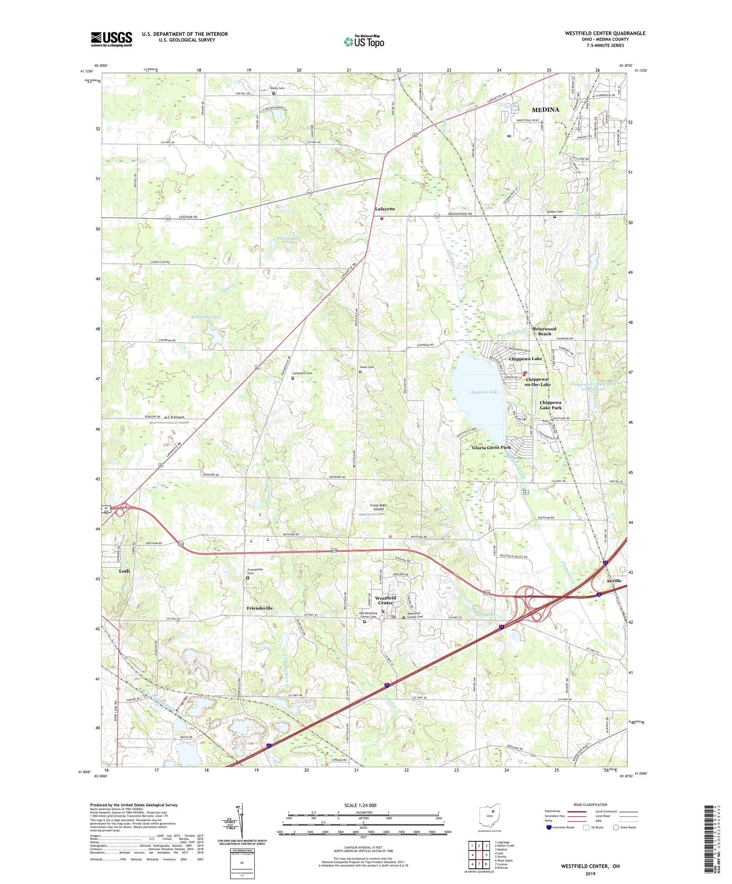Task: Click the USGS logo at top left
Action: pyautogui.click(x=111, y=39)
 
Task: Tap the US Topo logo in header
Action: pyautogui.click(x=364, y=42)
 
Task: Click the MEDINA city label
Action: pyautogui.click(x=545, y=109)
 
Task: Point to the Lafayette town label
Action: pyautogui.click(x=385, y=209)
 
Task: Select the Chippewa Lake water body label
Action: pyautogui.click(x=484, y=392)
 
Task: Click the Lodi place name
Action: pyautogui.click(x=124, y=571)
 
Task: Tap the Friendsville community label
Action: pyautogui.click(x=260, y=608)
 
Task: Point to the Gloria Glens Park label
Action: pyautogui.click(x=491, y=448)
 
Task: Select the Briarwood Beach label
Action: pyautogui.click(x=544, y=331)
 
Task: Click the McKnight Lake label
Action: pyautogui.click(x=205, y=317)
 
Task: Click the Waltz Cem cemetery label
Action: pyautogui.click(x=277, y=88)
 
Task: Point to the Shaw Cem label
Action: pyautogui.click(x=367, y=367)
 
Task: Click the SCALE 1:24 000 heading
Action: pyautogui.click(x=360, y=805)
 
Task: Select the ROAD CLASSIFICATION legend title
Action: pyautogui.click(x=590, y=805)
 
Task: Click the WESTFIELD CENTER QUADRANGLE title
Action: pyautogui.click(x=605, y=33)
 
